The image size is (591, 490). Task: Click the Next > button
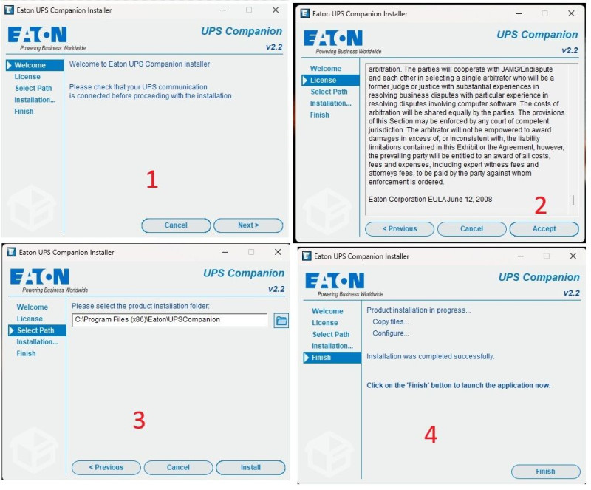click(x=248, y=225)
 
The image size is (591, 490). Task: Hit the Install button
click(x=250, y=467)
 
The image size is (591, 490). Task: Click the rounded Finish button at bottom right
click(x=545, y=472)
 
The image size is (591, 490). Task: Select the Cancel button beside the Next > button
click(x=176, y=225)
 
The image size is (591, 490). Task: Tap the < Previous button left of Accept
click(x=400, y=229)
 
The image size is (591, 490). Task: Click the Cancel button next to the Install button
click(x=178, y=467)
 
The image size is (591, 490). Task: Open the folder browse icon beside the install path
click(x=281, y=321)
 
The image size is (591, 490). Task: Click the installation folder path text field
click(x=170, y=320)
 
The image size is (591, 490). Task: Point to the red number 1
click(x=152, y=179)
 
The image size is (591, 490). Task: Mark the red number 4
click(x=431, y=435)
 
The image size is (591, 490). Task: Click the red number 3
click(x=139, y=421)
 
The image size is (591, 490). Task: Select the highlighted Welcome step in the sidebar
click(x=35, y=65)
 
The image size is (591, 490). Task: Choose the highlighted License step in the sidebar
click(x=330, y=81)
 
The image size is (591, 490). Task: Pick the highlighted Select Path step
click(x=37, y=330)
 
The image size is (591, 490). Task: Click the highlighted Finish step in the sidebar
click(x=332, y=358)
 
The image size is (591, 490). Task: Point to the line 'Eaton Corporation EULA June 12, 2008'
click(x=430, y=200)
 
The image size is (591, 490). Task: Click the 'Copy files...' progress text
click(x=391, y=321)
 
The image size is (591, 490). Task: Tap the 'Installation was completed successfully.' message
click(x=430, y=356)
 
